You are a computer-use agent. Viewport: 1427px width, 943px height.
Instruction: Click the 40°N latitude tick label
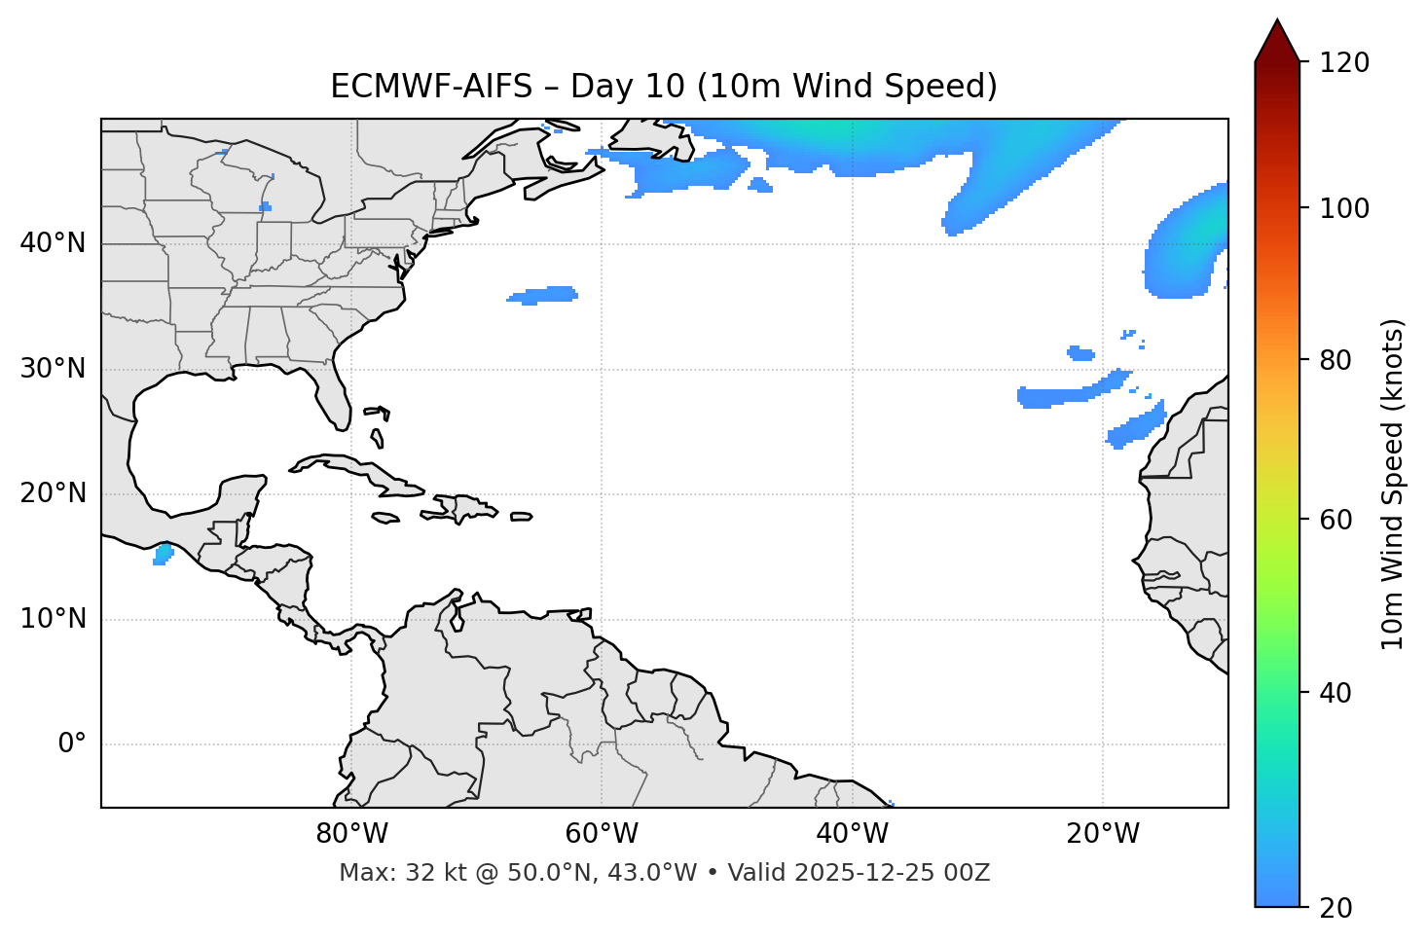click(x=53, y=243)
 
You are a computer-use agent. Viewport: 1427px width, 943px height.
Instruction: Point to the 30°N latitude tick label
click(x=53, y=369)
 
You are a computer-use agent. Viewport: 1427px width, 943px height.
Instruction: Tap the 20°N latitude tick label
click(x=53, y=493)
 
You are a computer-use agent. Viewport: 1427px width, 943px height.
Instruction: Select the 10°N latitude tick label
click(x=53, y=619)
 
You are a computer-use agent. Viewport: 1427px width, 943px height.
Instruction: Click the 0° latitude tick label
click(x=72, y=744)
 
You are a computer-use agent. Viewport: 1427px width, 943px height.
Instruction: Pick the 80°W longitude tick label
click(x=351, y=834)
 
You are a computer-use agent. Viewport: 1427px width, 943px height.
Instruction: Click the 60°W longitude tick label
click(x=602, y=834)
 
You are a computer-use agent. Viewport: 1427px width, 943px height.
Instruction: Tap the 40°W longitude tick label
click(x=852, y=834)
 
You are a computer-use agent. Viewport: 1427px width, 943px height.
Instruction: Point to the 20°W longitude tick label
click(x=1103, y=834)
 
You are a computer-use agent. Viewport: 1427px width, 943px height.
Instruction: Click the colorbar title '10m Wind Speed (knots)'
click(x=1393, y=484)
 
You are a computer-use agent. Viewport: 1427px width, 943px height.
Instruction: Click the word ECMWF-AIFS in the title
click(x=431, y=87)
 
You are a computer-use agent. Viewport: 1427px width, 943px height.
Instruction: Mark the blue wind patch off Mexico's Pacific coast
click(x=163, y=555)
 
